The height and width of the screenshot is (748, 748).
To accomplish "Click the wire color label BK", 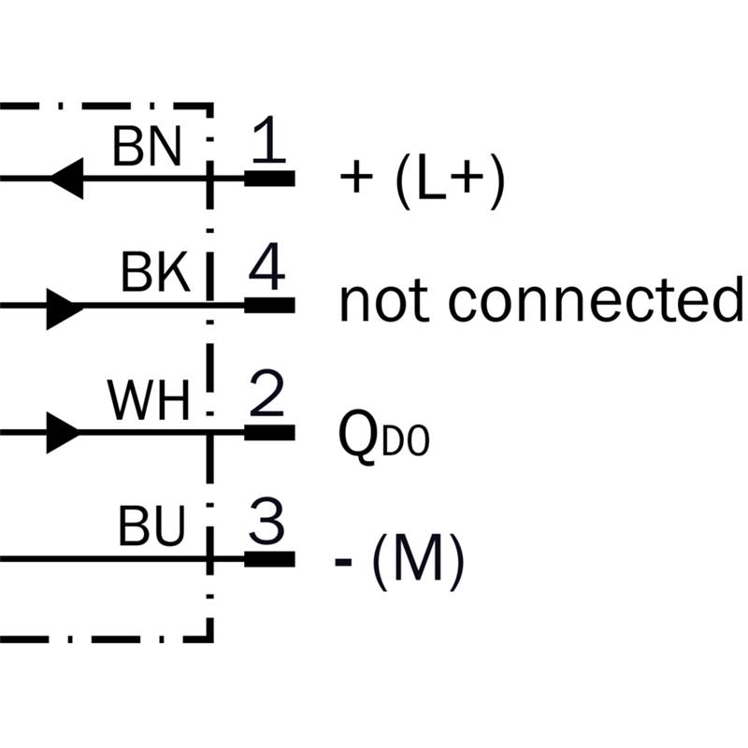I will pos(155,274).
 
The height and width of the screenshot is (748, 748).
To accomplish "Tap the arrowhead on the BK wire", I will pos(64,305).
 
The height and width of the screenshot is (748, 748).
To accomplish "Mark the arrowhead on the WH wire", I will pos(64,432).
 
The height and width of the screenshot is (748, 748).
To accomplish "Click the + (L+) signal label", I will pos(423,179).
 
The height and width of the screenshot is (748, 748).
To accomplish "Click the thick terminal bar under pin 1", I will pos(269,178).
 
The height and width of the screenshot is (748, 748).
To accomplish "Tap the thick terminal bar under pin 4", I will pos(269,305).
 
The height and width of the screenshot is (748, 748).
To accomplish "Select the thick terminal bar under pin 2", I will pos(269,432).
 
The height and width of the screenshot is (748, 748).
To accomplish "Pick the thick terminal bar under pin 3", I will pos(269,559).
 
